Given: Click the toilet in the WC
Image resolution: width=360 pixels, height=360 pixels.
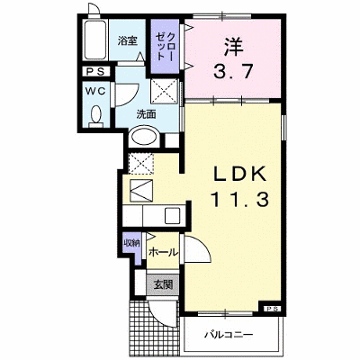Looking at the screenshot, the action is tap(96, 116).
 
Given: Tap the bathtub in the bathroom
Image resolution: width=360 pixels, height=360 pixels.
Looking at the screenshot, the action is tap(94, 40).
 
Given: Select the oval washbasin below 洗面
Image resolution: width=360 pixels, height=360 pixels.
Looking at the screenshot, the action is tap(144, 138).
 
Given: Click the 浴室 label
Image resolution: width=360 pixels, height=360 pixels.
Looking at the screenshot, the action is tap(127, 40).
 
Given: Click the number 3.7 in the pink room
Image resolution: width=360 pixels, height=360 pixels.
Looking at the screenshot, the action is tap(232, 72).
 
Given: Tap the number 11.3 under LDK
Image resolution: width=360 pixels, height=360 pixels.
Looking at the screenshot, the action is tap(240, 199).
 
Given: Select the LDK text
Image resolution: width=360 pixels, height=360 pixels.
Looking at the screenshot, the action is tap(239, 174).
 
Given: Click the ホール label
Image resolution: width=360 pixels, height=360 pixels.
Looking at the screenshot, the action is tap(163, 252).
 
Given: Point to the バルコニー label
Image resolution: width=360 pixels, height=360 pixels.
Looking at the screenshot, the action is tap(229, 334).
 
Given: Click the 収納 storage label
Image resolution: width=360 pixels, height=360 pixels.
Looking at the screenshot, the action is tap(132, 243).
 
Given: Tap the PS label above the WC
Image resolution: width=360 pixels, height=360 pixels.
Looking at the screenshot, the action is tap(95, 71).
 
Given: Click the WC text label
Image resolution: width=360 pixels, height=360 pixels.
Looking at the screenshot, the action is tap(95, 91).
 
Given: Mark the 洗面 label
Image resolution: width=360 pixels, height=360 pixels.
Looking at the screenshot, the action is tap(146, 114).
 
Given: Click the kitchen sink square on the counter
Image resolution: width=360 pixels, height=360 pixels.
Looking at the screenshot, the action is tap(172, 215).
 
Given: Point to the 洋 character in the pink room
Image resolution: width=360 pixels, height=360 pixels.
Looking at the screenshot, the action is tap(232, 48).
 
